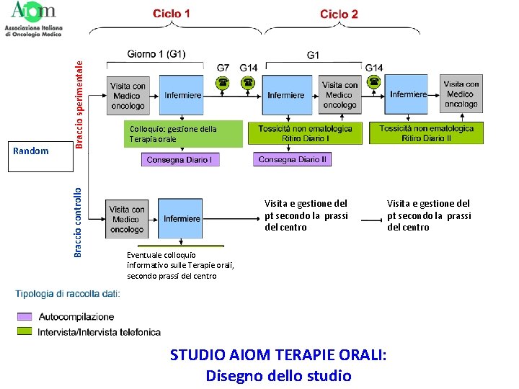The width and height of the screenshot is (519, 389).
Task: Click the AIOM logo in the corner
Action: coord(33,19)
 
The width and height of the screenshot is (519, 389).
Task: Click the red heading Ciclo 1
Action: coord(172,14)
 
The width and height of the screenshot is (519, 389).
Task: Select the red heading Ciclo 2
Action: coord(339,14)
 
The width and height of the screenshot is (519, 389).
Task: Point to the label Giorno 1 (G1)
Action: coord(156,55)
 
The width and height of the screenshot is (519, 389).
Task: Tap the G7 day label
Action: coord(224,68)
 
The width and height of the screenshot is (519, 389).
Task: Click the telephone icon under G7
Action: coord(223,82)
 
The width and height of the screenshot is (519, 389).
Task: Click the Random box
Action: coord(31,151)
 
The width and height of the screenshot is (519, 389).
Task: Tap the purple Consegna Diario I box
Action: coord(179,159)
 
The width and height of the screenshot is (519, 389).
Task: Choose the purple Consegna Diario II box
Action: coord(292,159)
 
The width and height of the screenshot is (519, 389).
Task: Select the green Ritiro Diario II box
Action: coord(427,133)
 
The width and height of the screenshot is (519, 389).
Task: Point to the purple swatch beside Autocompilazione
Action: coord(25,316)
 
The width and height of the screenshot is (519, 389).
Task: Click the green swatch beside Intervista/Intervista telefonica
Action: coord(25,331)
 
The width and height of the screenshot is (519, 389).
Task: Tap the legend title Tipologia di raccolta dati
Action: coord(68,293)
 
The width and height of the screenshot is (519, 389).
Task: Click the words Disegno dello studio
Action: coord(278,375)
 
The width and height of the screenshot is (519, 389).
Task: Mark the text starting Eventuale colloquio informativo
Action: coord(180,265)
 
